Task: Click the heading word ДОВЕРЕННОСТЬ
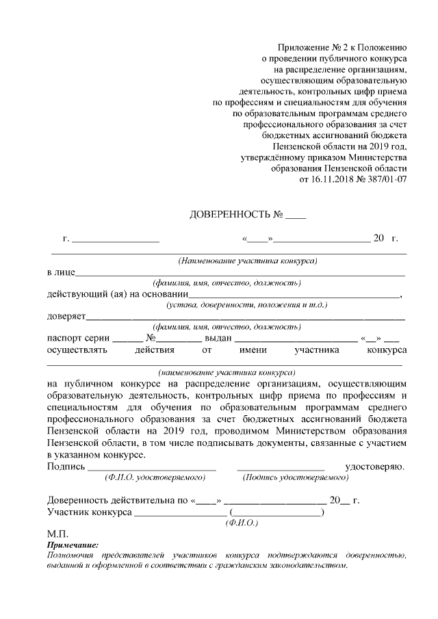tap(230, 215)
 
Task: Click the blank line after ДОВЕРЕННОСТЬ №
tap(296, 218)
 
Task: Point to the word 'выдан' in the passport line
tap(220, 338)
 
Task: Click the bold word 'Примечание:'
tap(73, 544)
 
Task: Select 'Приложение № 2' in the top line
tap(310, 48)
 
